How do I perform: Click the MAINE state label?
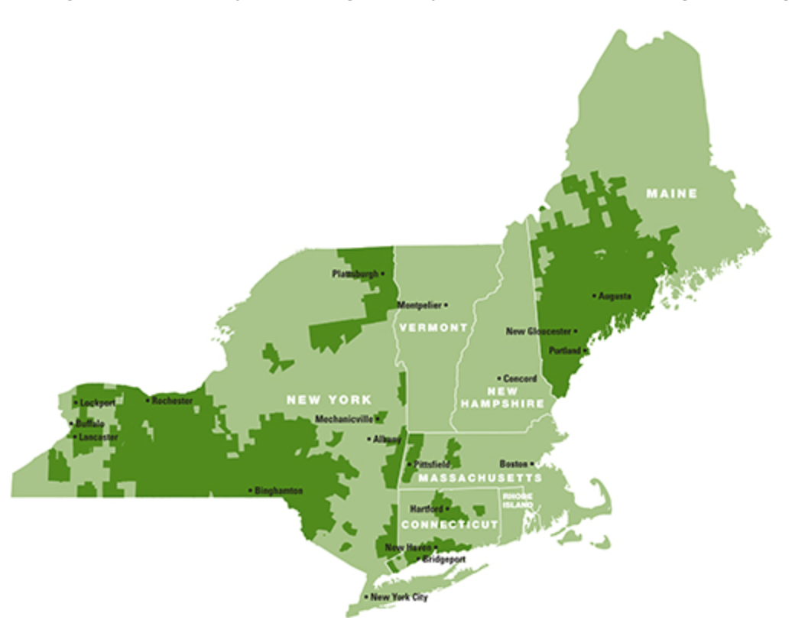coord(672,193)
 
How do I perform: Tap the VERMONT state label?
coord(432,327)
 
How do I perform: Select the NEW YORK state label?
coord(329,399)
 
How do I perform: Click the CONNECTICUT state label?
coord(450,524)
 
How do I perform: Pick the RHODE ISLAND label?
coord(518,501)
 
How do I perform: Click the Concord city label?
coord(521,378)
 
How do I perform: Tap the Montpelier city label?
coord(419,305)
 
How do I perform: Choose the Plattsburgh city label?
coord(355,273)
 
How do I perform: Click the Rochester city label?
coord(172,400)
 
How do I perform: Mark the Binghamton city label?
coord(278,491)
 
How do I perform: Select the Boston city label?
coord(514,464)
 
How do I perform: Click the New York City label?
coord(399,597)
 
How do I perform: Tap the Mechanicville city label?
coord(344,419)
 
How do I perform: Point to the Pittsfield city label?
coord(433,465)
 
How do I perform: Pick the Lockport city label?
coord(96,402)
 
